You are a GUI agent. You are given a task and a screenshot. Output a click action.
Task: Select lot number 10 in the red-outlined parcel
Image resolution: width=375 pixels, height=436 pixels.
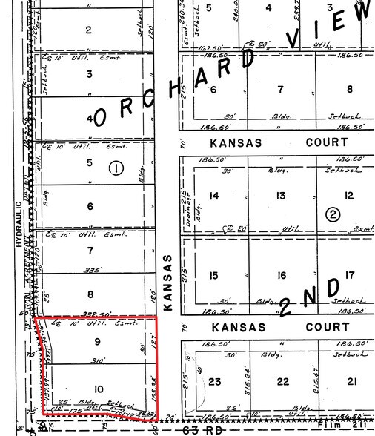point(99,389)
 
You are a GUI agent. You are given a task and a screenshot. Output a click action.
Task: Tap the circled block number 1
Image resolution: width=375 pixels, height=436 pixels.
point(116,168)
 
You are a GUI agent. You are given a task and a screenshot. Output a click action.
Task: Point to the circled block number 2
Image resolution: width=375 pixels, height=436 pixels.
point(333,215)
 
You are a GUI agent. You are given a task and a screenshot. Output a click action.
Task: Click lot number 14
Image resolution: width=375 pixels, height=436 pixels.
point(216,196)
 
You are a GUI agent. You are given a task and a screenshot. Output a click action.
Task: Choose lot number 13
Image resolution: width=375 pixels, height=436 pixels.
point(281,196)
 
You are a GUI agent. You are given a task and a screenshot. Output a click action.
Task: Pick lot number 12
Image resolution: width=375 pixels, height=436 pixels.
point(349,196)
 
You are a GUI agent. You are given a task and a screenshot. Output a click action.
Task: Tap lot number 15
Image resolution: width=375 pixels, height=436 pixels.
point(215,276)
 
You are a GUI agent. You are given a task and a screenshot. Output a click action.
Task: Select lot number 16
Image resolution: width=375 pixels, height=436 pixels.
point(281,276)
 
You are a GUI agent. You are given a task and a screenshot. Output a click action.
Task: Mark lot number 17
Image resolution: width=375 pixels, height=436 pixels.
point(350,276)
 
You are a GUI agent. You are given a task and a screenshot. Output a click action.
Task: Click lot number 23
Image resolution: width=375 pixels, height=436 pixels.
point(216,382)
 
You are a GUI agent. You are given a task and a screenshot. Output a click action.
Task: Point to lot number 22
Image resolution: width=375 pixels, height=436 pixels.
point(282,382)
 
